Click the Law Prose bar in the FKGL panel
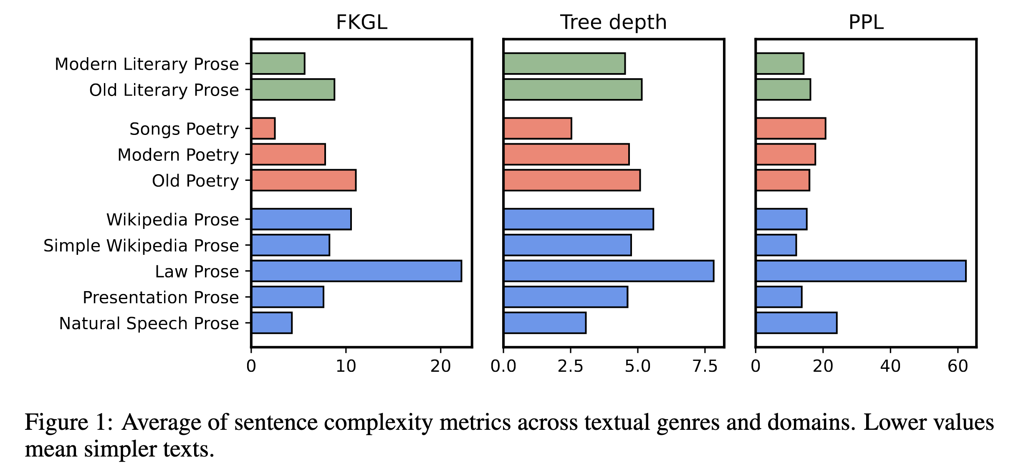point(356,271)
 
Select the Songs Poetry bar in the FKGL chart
point(263,128)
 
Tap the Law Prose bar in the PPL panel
point(861,271)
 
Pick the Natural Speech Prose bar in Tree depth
point(545,323)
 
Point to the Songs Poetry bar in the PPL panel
point(791,128)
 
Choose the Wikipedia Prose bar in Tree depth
point(579,219)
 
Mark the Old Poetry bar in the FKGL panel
point(304,180)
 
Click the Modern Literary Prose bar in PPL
point(780,64)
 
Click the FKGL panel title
point(361,22)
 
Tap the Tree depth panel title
point(613,22)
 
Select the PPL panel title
point(866,22)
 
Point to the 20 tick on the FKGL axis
point(440,366)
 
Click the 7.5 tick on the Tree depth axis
point(705,366)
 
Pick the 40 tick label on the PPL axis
point(890,366)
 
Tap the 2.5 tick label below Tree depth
point(570,366)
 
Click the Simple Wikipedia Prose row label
point(141,246)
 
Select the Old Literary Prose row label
point(164,90)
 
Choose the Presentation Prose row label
point(161,297)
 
